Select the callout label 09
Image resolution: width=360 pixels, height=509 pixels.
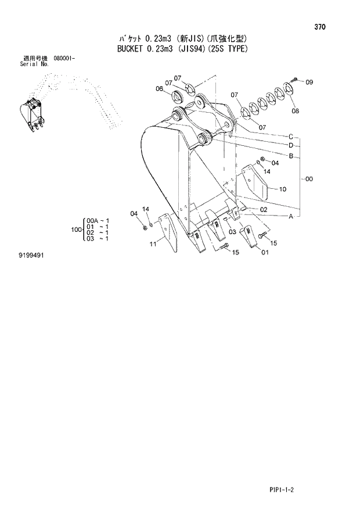pos(309,82)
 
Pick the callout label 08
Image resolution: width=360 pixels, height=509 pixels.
pos(296,110)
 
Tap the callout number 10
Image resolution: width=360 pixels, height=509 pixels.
pos(282,189)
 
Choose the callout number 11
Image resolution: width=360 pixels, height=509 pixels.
pos(153,245)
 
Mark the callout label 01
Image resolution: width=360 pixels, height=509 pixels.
pos(265,252)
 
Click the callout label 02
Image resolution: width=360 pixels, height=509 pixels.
pos(264,209)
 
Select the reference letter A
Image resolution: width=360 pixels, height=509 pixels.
pos(290,216)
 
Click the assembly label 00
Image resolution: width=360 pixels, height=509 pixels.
pos(309,179)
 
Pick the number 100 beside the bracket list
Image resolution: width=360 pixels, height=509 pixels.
pos(75,230)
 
